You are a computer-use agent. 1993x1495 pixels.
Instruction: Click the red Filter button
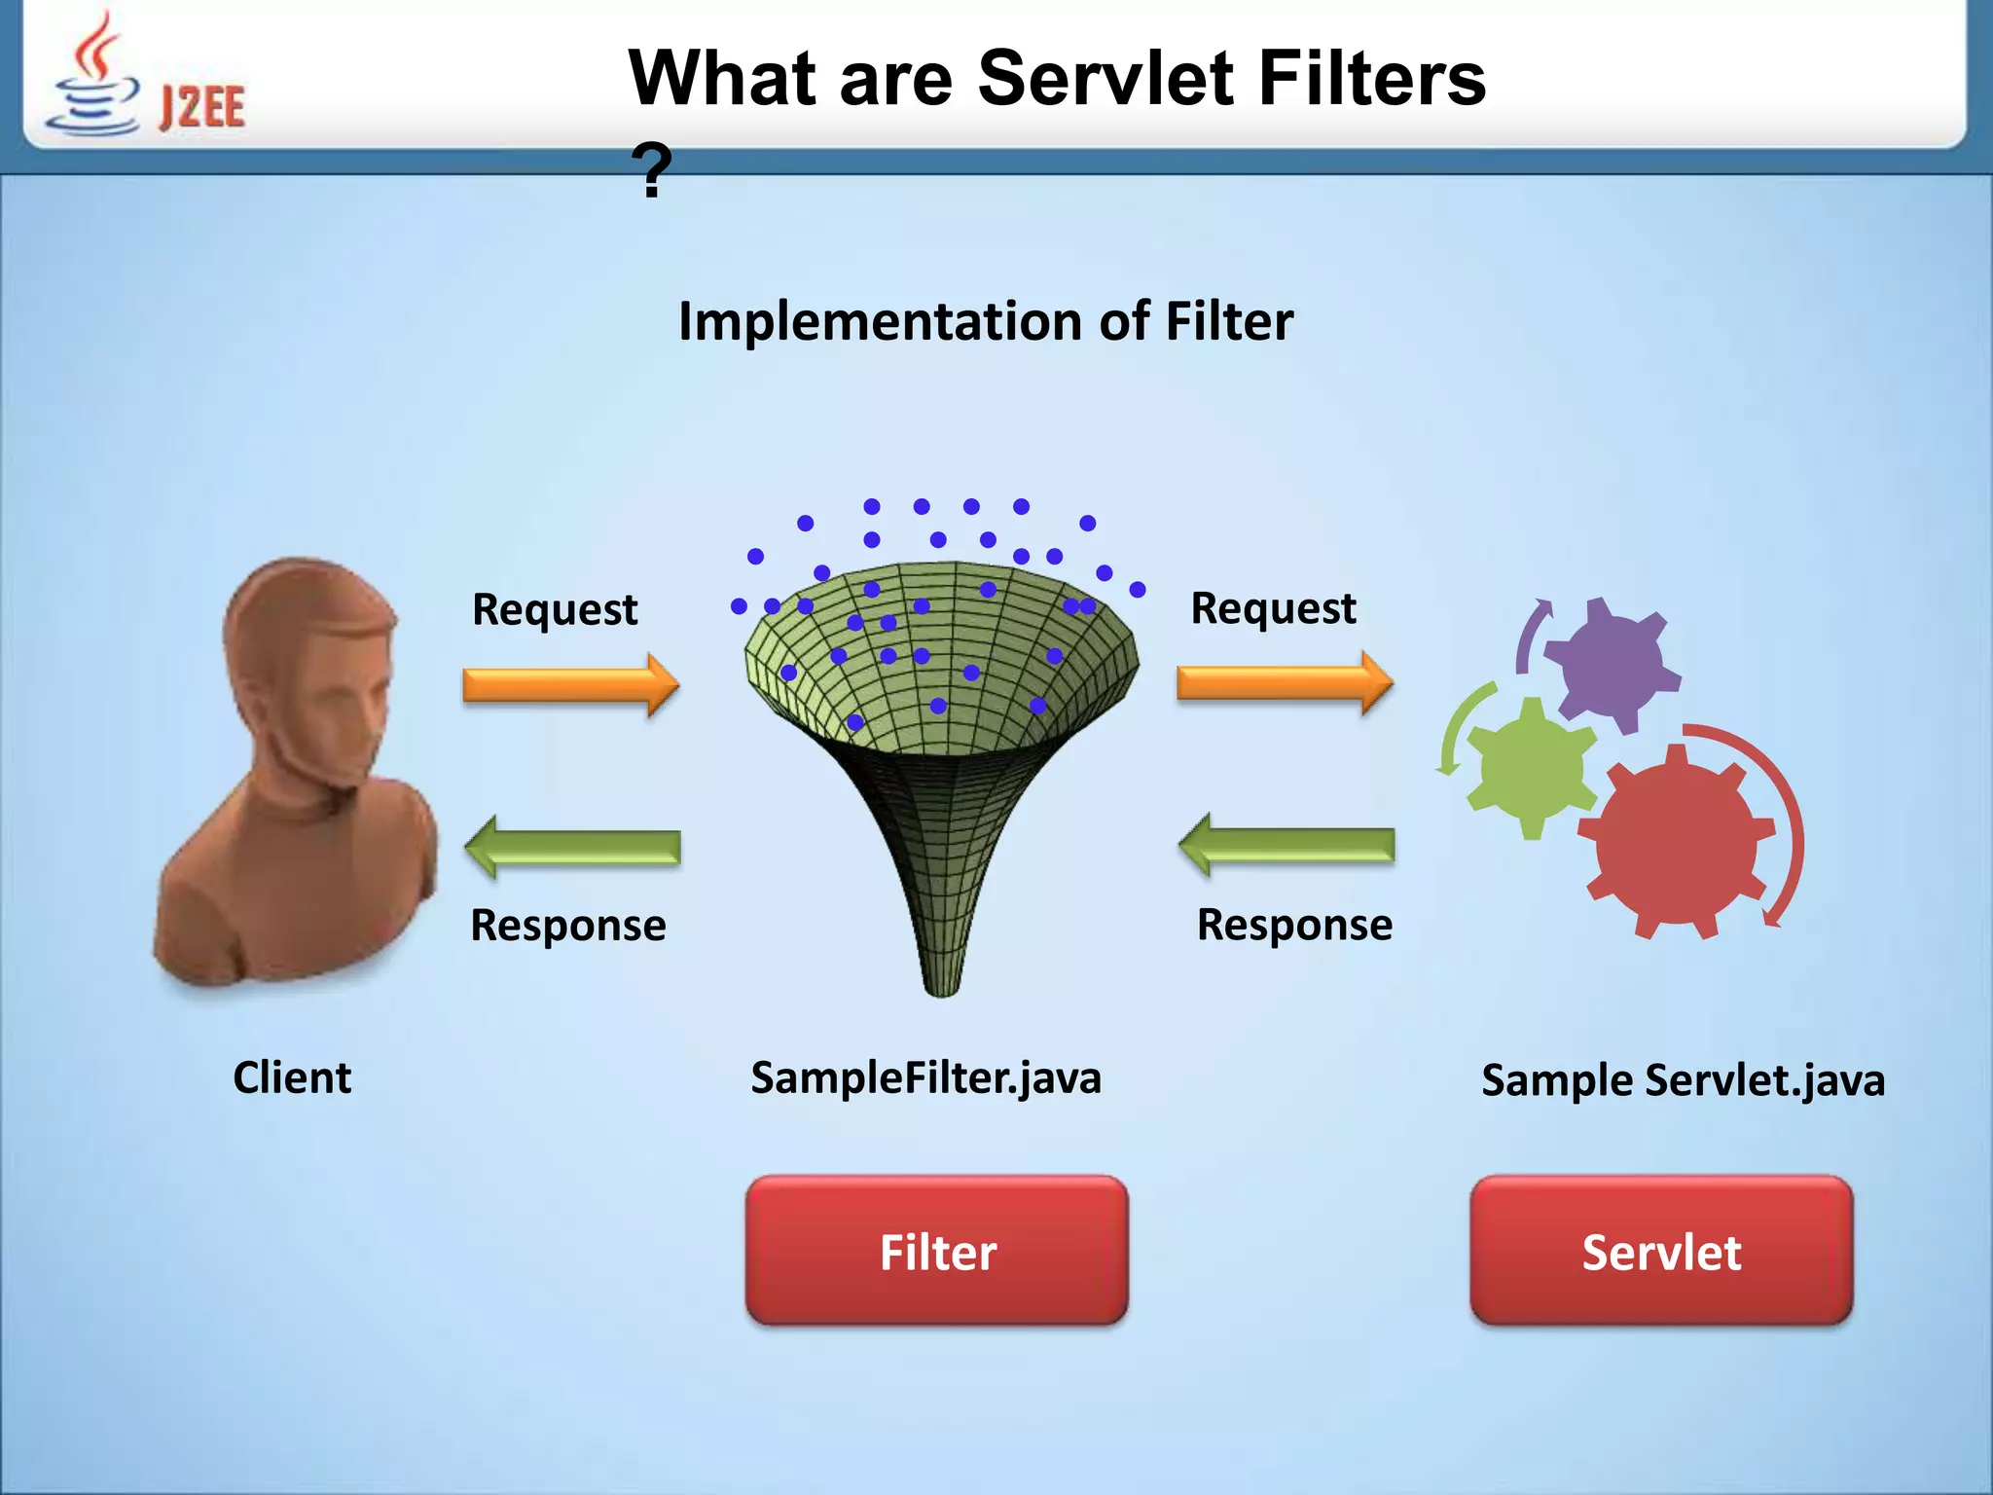tap(936, 1251)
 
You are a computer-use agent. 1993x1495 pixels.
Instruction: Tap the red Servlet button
tap(1660, 1251)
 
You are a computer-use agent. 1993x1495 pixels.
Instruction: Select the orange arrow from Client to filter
tap(570, 685)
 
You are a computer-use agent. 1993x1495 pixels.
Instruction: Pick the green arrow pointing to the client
tap(572, 847)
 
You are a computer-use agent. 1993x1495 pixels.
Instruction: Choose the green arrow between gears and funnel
tap(1286, 845)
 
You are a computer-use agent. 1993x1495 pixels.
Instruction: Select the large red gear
tap(1676, 843)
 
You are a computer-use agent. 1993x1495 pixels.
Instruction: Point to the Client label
tap(292, 1077)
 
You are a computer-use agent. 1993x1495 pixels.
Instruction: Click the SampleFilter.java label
tap(925, 1077)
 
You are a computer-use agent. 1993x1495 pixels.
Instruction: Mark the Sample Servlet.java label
tap(1683, 1080)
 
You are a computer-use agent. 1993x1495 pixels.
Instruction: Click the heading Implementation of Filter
tap(985, 321)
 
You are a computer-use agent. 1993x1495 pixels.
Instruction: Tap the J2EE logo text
tap(201, 107)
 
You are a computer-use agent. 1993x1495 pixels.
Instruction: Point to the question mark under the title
tap(650, 171)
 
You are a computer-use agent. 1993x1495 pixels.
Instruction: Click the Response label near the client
tap(568, 925)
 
